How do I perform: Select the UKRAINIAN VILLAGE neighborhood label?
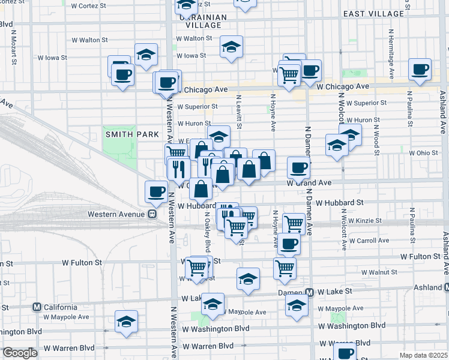pyautogui.click(x=203, y=22)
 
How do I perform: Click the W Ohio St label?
pyautogui.click(x=424, y=153)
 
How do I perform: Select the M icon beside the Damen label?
pyautogui.click(x=309, y=292)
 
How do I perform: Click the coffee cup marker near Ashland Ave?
pyautogui.click(x=420, y=69)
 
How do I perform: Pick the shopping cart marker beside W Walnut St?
pyautogui.click(x=285, y=268)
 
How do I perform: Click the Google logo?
pyautogui.click(x=20, y=353)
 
